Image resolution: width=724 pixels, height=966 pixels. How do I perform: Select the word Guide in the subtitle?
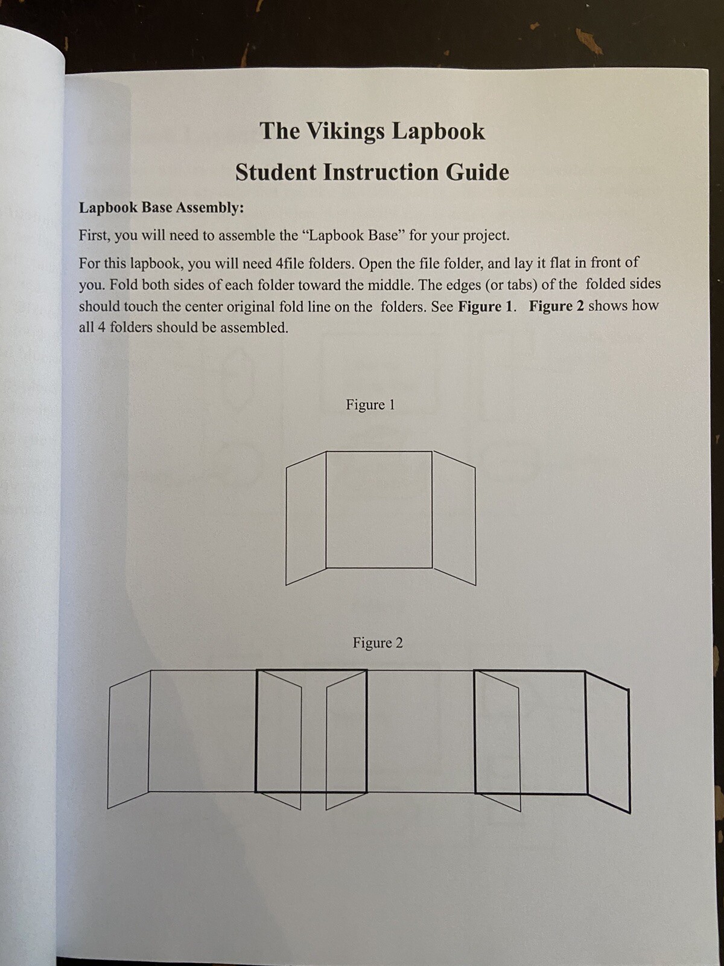pyautogui.click(x=477, y=173)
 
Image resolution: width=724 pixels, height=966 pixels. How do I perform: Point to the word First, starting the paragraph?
pyautogui.click(x=94, y=235)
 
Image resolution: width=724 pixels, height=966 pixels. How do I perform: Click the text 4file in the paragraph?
pyautogui.click(x=292, y=263)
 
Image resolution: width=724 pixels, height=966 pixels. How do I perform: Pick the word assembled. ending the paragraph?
pyautogui.click(x=254, y=328)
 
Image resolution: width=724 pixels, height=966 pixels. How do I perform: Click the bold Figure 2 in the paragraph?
pyautogui.click(x=556, y=306)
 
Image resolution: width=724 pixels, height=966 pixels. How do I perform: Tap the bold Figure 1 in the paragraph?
pyautogui.click(x=487, y=307)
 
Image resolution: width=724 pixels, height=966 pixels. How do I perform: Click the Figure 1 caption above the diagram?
pyautogui.click(x=370, y=405)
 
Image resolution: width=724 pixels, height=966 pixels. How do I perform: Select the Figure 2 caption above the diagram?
pyautogui.click(x=378, y=643)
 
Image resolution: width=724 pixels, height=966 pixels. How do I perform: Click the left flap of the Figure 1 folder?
pyautogui.click(x=306, y=518)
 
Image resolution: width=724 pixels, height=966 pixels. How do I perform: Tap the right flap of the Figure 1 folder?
pyautogui.click(x=454, y=518)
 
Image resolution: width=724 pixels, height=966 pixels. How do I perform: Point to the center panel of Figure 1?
pyautogui.click(x=379, y=509)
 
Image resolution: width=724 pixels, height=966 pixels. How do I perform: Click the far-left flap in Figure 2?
pyautogui.click(x=129, y=739)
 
